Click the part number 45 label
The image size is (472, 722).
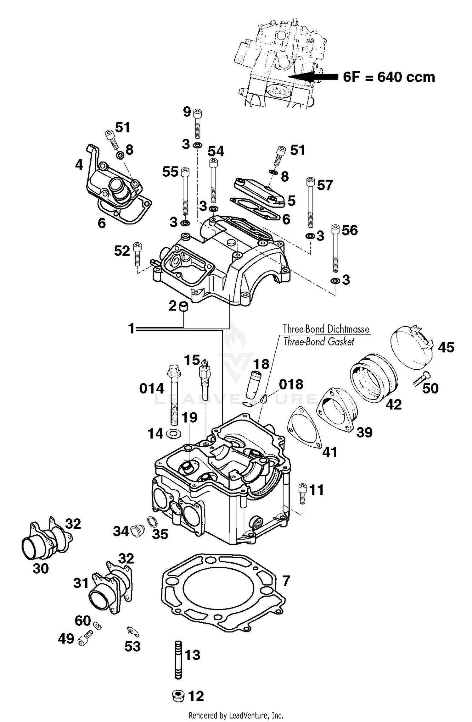tap(446, 347)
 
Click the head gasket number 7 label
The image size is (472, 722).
tap(286, 581)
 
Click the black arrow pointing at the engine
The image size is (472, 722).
tap(315, 76)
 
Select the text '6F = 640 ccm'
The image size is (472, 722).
tap(389, 77)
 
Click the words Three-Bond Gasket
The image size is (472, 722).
tap(318, 342)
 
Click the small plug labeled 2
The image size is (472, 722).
tap(183, 306)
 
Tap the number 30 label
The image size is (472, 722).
tap(41, 568)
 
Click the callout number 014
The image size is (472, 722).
tap(152, 389)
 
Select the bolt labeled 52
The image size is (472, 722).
tap(138, 254)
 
